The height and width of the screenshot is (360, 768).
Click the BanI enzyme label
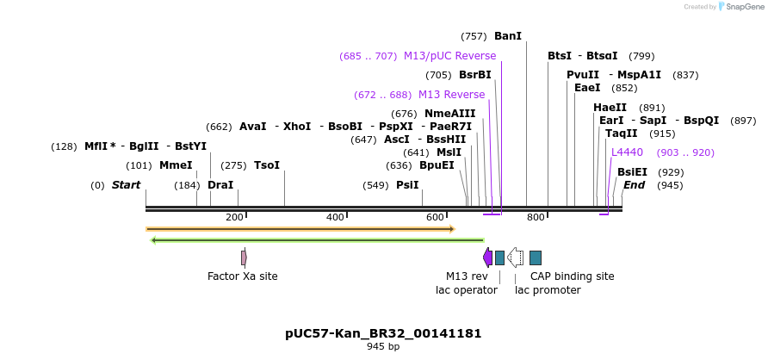(x=507, y=36)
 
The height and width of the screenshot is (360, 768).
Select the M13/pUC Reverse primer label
(x=449, y=56)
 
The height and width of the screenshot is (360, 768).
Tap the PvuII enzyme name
(x=583, y=75)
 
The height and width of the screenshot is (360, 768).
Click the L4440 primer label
(x=627, y=152)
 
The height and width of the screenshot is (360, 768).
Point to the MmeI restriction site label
(x=176, y=165)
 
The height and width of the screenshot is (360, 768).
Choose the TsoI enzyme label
(x=267, y=165)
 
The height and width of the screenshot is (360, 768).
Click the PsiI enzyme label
(x=407, y=185)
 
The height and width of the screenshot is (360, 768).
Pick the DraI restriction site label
(x=220, y=185)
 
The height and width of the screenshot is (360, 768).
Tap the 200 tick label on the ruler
(x=234, y=218)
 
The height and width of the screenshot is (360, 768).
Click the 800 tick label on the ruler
(x=536, y=218)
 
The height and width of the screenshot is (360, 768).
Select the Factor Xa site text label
(x=243, y=276)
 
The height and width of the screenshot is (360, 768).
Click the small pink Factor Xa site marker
(x=244, y=258)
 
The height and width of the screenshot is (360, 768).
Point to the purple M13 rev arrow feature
(x=487, y=258)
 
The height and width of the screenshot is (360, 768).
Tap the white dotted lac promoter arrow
(x=515, y=258)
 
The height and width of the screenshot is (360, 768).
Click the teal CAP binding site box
(x=536, y=258)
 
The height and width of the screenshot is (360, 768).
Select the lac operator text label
(x=467, y=290)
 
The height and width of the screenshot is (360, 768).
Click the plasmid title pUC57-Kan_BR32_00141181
(x=383, y=333)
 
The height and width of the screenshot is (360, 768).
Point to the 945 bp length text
(x=383, y=347)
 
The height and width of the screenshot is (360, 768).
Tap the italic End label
(x=634, y=185)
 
